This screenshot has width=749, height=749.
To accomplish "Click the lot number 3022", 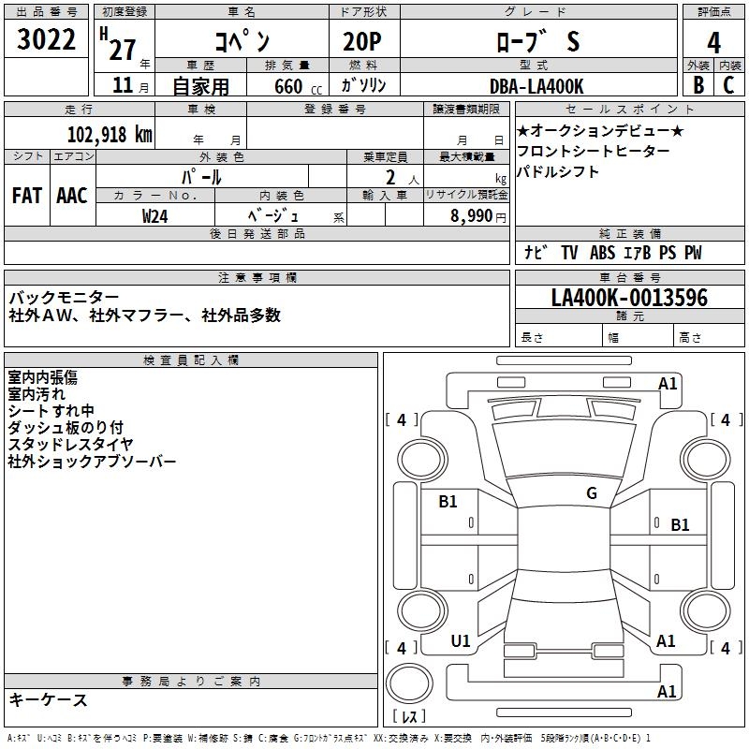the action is tap(47, 41).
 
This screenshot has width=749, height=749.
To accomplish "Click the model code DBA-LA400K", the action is tap(536, 86).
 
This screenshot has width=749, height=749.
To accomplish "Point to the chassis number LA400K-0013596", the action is tap(629, 299).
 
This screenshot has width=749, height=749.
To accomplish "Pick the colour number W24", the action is tap(155, 215).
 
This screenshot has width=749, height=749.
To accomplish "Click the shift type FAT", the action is tap(27, 195).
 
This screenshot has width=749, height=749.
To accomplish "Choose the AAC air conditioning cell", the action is tap(72, 195).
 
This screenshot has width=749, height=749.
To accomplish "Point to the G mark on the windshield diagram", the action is tap(591, 492).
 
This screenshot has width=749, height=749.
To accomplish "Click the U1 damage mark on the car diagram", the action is tap(461, 641).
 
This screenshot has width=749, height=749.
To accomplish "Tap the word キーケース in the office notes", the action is tap(48, 699).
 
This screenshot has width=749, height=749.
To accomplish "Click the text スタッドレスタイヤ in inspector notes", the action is tap(70, 445).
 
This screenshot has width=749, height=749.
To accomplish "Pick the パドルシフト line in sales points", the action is tap(558, 172).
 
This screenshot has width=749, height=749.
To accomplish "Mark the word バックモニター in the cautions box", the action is tap(64, 298).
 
